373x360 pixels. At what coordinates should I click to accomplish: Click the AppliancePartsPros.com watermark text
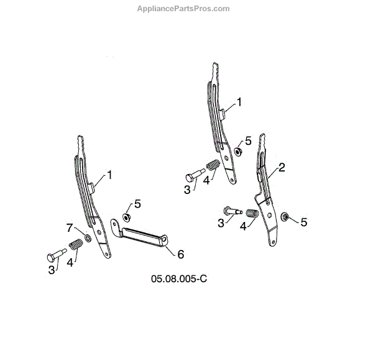pos(183,9)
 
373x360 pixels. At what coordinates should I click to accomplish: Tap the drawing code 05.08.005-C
pos(178,278)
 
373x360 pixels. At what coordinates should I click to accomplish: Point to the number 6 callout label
pos(181,254)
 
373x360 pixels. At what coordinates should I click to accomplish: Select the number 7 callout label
pos(70,227)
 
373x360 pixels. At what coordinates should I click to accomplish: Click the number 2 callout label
pos(282,167)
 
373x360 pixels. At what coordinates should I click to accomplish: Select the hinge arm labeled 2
pos(268,199)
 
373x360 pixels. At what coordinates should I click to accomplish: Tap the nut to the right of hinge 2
pos(285,218)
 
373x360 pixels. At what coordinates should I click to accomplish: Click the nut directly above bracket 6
pos(126,218)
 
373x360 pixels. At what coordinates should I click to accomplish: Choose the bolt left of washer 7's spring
pos(55,255)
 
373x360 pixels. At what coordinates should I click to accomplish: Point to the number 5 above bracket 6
pos(137,203)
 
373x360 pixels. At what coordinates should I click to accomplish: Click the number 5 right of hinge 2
pos(303,221)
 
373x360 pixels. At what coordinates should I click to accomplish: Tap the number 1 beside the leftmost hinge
pos(109,175)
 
